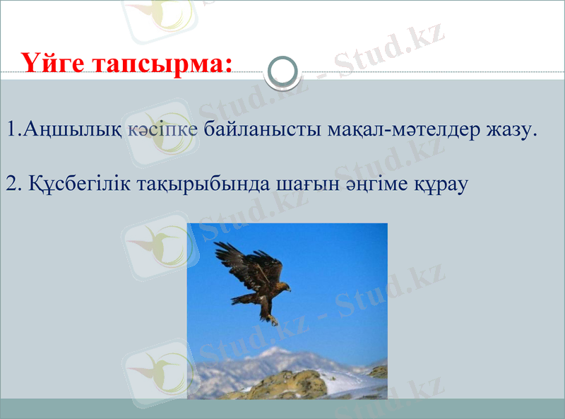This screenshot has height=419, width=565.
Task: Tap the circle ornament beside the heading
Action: click(284, 72)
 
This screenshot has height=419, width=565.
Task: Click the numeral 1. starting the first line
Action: click(13, 130)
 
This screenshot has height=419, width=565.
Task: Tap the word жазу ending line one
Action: click(507, 130)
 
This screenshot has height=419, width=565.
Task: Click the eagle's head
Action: click(284, 288)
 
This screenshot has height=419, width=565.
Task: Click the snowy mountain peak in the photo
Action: click(275, 352)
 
